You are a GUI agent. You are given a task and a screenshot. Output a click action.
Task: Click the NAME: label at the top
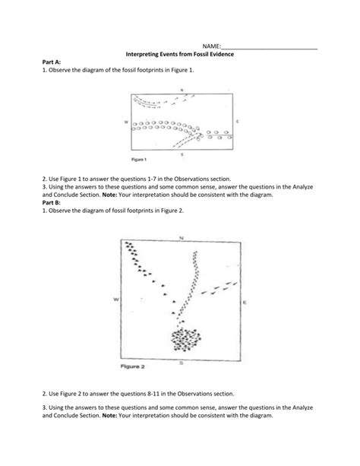click(211, 46)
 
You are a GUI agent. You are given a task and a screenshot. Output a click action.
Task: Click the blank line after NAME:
click(270, 49)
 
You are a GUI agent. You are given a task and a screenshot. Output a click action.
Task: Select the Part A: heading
click(52, 62)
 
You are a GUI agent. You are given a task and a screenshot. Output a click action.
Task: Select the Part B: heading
click(52, 202)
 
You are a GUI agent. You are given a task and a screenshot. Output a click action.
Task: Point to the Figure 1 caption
click(139, 160)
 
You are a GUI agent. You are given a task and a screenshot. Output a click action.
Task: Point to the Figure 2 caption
click(132, 366)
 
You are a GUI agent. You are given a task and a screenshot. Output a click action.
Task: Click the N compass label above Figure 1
click(182, 90)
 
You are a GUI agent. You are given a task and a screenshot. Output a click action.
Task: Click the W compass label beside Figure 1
click(126, 122)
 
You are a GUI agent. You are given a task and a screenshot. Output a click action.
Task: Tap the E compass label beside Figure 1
click(237, 122)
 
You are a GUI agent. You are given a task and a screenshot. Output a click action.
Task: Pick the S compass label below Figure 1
click(182, 154)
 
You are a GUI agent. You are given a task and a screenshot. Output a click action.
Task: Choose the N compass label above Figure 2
click(182, 238)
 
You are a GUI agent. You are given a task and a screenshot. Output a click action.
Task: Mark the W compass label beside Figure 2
click(116, 299)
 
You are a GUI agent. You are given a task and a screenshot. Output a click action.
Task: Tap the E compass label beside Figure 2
click(245, 303)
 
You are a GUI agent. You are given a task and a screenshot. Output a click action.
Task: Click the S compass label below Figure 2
click(182, 363)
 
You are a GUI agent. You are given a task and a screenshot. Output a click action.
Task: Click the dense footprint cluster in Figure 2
click(186, 340)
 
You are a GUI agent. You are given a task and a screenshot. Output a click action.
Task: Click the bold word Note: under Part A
click(109, 195)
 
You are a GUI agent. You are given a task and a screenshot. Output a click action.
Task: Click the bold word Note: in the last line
click(109, 416)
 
